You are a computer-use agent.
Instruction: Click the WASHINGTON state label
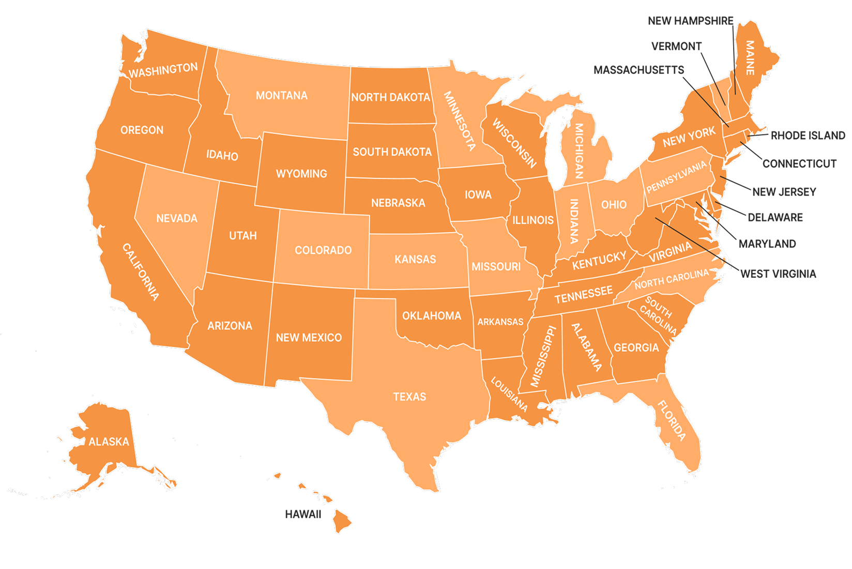pyautogui.click(x=163, y=70)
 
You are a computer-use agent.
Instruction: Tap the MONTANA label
pyautogui.click(x=281, y=96)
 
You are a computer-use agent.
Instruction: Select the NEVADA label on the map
pyautogui.click(x=177, y=218)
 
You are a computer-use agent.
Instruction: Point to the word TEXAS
pyautogui.click(x=409, y=397)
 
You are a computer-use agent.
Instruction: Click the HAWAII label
pyautogui.click(x=303, y=514)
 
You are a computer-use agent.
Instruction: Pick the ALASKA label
pyautogui.click(x=109, y=442)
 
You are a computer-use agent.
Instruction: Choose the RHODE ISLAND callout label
pyautogui.click(x=808, y=136)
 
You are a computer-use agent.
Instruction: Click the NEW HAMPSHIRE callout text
pyautogui.click(x=690, y=21)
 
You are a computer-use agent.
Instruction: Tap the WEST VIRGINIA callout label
pyautogui.click(x=778, y=274)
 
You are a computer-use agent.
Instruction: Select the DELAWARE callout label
pyautogui.click(x=775, y=217)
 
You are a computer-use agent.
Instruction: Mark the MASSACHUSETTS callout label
pyautogui.click(x=638, y=70)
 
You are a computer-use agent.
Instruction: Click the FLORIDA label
pyautogui.click(x=672, y=420)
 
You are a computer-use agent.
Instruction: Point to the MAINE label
pyautogui.click(x=750, y=57)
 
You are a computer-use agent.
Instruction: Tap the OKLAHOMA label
pyautogui.click(x=432, y=316)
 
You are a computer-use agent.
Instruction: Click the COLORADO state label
pyautogui.click(x=323, y=250)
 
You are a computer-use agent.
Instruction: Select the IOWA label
pyautogui.click(x=478, y=195)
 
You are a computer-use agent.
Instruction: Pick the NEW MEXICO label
pyautogui.click(x=309, y=338)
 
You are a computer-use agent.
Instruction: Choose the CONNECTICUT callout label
pyautogui.click(x=799, y=164)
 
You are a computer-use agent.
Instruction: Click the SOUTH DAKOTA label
pyautogui.click(x=392, y=152)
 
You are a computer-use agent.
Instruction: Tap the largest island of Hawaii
pyautogui.click(x=342, y=520)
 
